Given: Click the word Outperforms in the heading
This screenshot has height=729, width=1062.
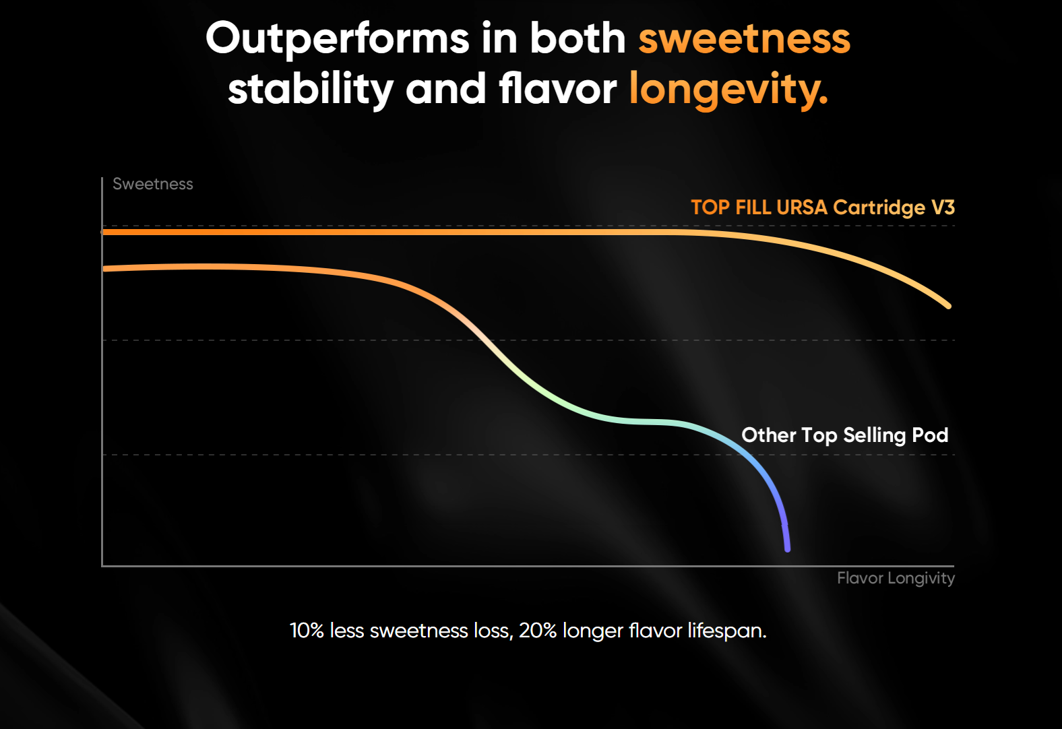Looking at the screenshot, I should pyautogui.click(x=337, y=38).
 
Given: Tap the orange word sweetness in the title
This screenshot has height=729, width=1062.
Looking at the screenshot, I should pyautogui.click(x=744, y=38).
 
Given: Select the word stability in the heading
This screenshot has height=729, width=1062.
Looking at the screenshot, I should pyautogui.click(x=311, y=89).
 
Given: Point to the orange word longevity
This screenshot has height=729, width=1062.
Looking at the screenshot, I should pyautogui.click(x=728, y=89).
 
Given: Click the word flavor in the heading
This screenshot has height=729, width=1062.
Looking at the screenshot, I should pyautogui.click(x=557, y=89).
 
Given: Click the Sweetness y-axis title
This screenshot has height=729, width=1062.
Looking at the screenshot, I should pyautogui.click(x=153, y=184).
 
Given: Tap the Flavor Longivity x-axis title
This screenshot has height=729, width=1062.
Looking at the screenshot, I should pyautogui.click(x=896, y=578).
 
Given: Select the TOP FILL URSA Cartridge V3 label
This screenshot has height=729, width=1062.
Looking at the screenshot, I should pyautogui.click(x=822, y=207).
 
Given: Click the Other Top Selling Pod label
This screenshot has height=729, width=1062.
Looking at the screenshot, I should pyautogui.click(x=844, y=435).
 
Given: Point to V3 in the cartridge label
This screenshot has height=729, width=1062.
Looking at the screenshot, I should pyautogui.click(x=943, y=207).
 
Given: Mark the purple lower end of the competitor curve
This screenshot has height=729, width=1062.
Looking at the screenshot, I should pyautogui.click(x=787, y=548).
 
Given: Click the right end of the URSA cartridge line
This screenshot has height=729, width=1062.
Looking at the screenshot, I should pyautogui.click(x=947, y=305).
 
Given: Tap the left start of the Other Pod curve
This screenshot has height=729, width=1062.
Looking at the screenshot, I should pyautogui.click(x=105, y=269).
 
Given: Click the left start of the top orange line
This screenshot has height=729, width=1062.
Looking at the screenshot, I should pyautogui.click(x=105, y=232).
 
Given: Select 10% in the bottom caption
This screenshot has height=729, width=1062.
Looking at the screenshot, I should pyautogui.click(x=307, y=631).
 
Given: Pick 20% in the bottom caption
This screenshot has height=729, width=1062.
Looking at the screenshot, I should pyautogui.click(x=537, y=631).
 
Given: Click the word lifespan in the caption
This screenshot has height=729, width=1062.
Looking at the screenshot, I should pyautogui.click(x=726, y=631).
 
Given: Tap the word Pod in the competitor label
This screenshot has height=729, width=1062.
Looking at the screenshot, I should pyautogui.click(x=930, y=435).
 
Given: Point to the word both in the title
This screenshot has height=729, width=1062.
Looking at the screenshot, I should pyautogui.click(x=577, y=38).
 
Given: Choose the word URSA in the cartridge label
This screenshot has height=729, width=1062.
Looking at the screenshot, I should pyautogui.click(x=801, y=207).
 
